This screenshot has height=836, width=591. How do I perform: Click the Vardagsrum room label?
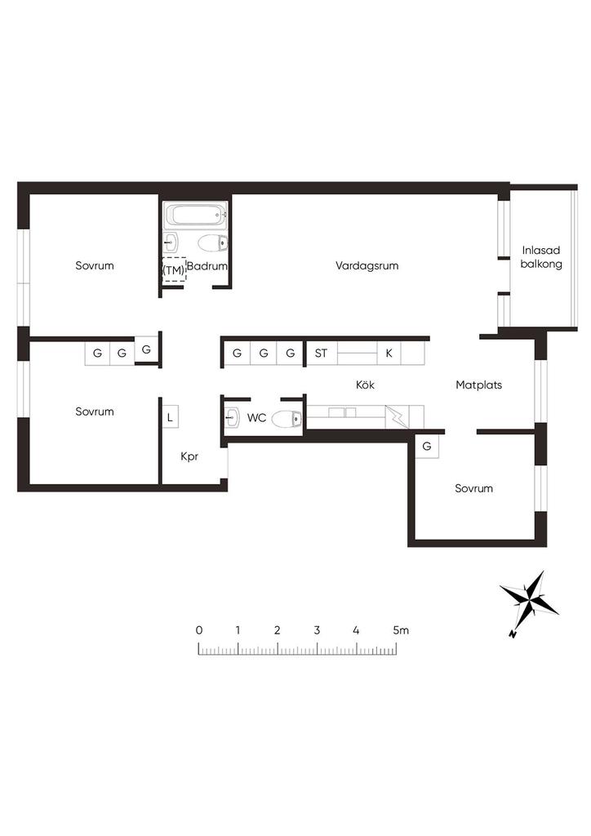367,265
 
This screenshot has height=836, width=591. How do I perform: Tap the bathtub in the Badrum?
196,216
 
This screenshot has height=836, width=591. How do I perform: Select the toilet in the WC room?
287,419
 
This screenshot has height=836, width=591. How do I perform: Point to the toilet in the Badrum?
212,243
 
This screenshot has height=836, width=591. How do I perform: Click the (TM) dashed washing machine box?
174,269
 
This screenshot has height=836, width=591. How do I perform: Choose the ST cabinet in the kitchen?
321,353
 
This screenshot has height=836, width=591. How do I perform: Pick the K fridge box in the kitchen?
389,353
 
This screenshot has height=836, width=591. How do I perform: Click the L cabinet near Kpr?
170,417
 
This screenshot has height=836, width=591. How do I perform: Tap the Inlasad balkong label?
541,257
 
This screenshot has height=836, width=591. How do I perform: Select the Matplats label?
478,385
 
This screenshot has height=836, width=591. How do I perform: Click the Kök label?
365,385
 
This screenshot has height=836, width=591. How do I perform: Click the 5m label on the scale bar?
401,630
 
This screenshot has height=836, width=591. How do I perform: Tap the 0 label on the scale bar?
199,630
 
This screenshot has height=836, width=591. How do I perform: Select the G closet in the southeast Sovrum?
426,447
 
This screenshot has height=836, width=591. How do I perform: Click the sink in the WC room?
232,418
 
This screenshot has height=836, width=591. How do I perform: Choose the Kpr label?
189,456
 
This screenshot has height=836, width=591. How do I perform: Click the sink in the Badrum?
171,242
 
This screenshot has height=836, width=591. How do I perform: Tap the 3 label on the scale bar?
317,630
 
